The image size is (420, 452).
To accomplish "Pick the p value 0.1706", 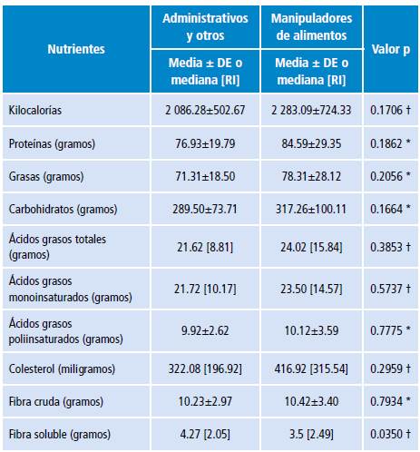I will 391,110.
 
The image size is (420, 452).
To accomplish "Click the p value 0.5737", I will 391,289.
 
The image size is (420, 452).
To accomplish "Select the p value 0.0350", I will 391,435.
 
